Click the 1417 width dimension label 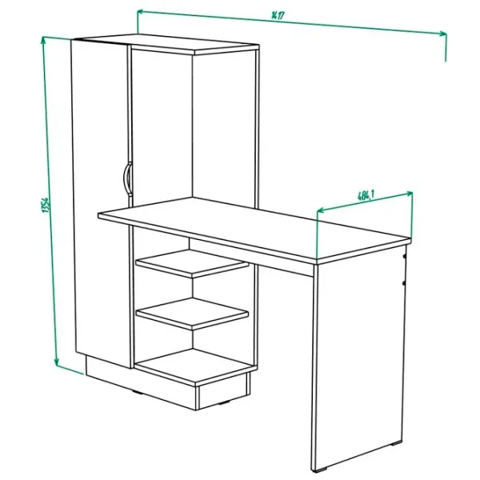(x=278, y=15)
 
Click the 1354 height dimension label (x=45, y=206)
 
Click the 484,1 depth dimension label (x=366, y=195)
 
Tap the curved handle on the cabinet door (x=126, y=178)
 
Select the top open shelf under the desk (x=192, y=263)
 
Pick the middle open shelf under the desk (x=192, y=314)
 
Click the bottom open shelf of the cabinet (x=195, y=366)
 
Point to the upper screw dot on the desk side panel (x=404, y=256)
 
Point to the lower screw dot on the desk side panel (x=404, y=283)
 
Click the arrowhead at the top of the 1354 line (x=44, y=40)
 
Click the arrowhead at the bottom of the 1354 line (x=57, y=362)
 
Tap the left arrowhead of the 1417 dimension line (x=140, y=12)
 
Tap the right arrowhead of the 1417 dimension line (x=443, y=33)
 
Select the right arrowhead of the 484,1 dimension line (x=409, y=193)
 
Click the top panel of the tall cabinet (x=166, y=44)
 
